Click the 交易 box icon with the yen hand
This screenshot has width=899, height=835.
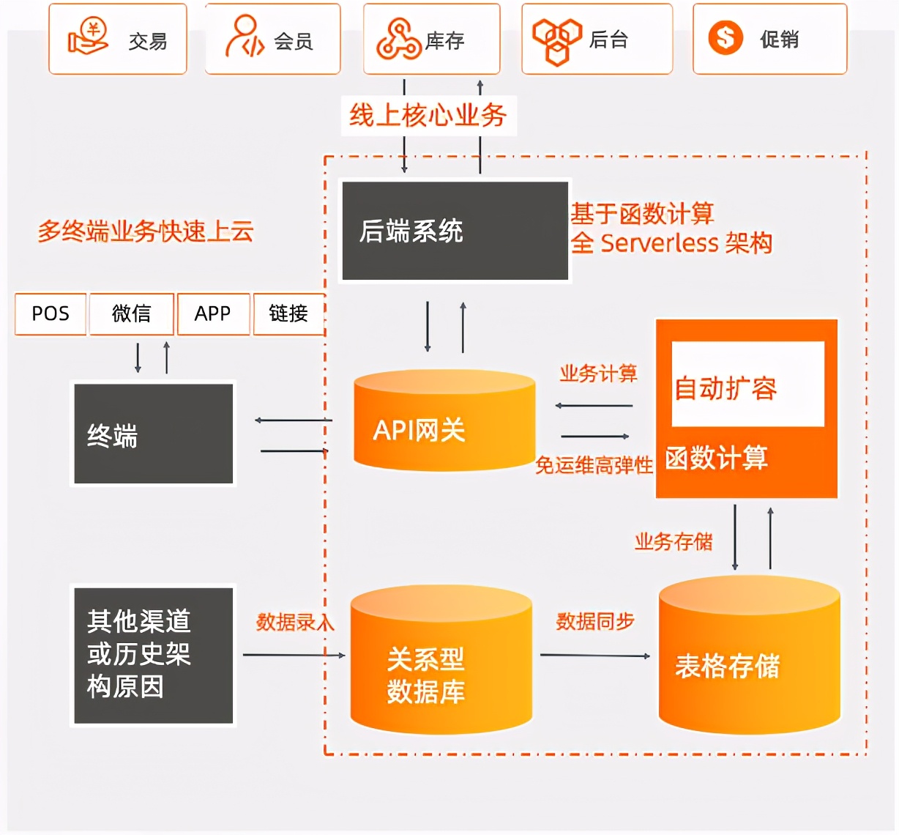(x=88, y=38)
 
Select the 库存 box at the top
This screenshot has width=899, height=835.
(x=432, y=39)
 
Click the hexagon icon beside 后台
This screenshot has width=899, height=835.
(x=556, y=40)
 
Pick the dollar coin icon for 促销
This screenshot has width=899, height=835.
(x=725, y=37)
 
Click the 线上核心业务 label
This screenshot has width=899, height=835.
(x=428, y=115)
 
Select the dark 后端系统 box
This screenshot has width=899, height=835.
(x=455, y=231)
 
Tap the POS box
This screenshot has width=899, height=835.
(x=51, y=313)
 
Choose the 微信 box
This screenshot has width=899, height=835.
(x=132, y=313)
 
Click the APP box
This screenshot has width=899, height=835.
(x=213, y=313)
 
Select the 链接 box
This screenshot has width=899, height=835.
(x=288, y=313)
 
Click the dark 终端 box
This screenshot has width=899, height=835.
(x=153, y=434)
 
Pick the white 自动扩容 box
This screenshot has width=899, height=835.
(x=747, y=385)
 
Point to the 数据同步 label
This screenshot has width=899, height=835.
(x=594, y=622)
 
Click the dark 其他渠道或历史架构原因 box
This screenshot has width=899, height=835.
(x=153, y=655)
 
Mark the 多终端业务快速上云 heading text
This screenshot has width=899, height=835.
(x=146, y=231)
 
